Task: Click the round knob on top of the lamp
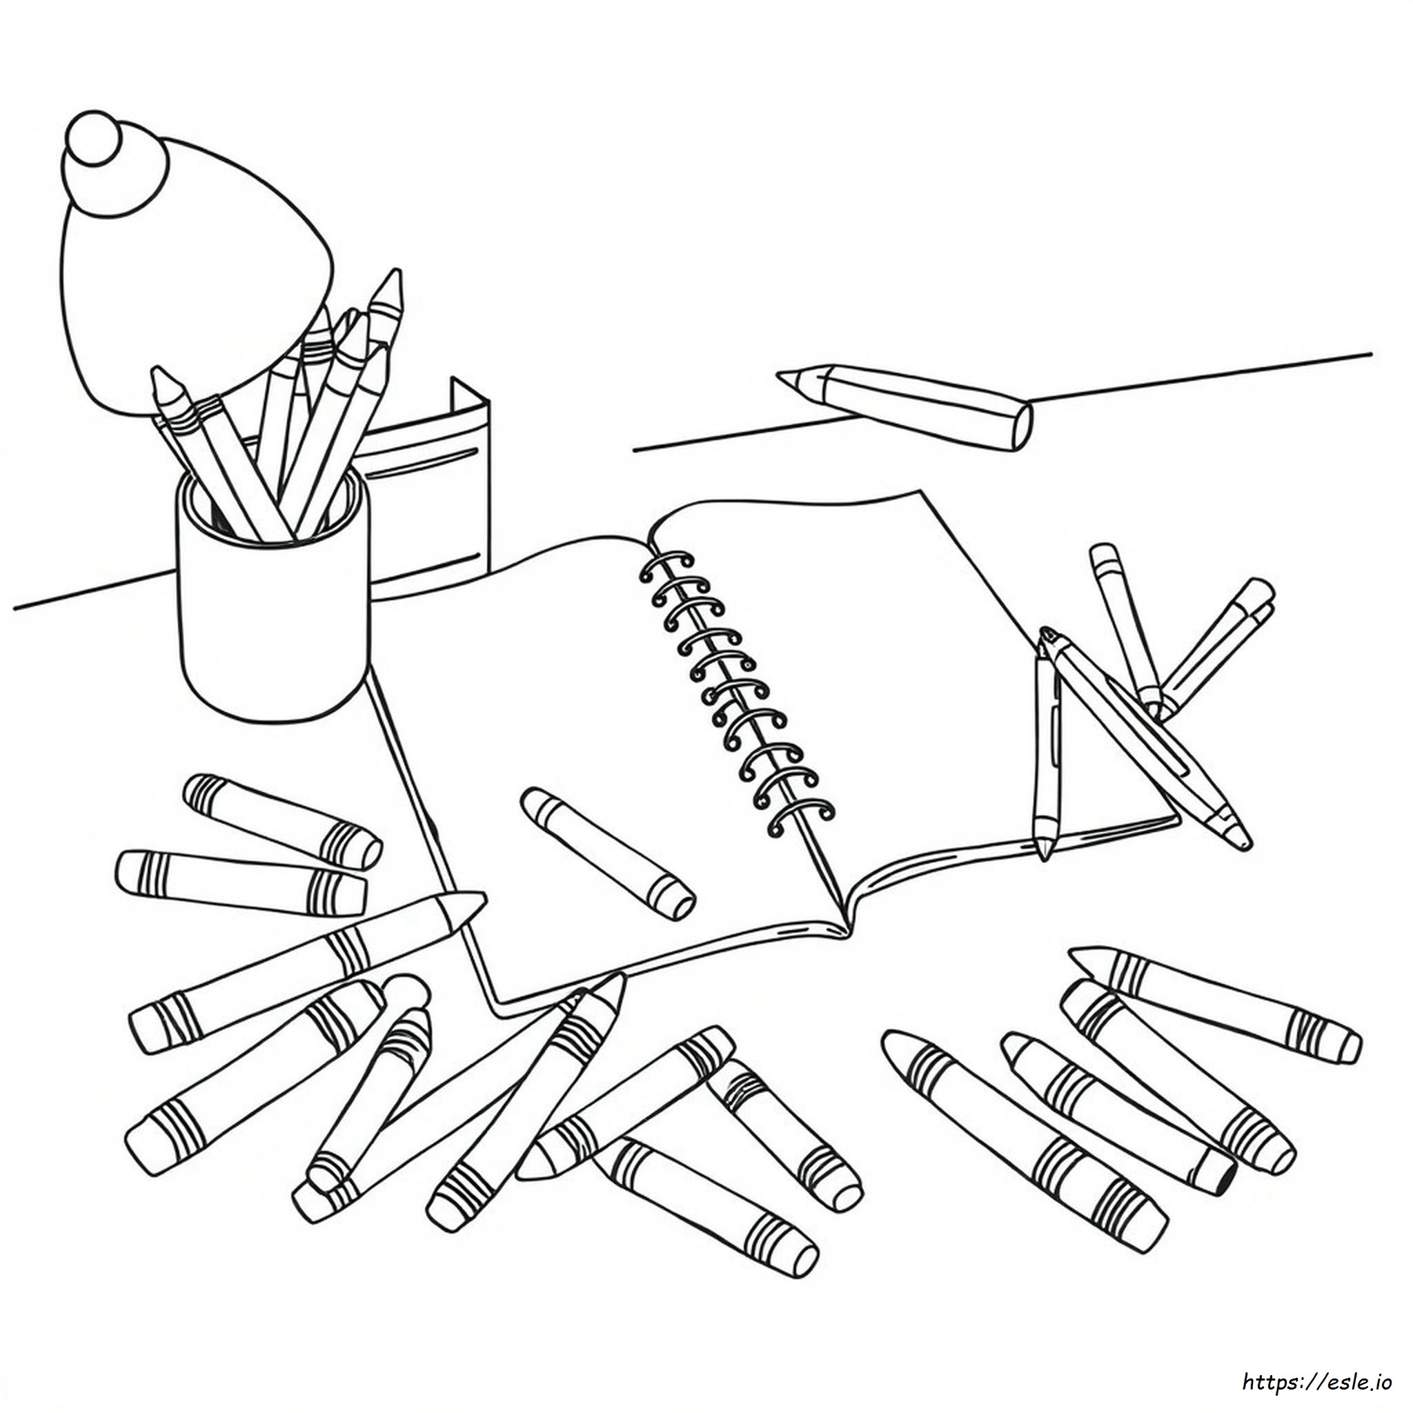96,144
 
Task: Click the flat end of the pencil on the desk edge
1024,427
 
